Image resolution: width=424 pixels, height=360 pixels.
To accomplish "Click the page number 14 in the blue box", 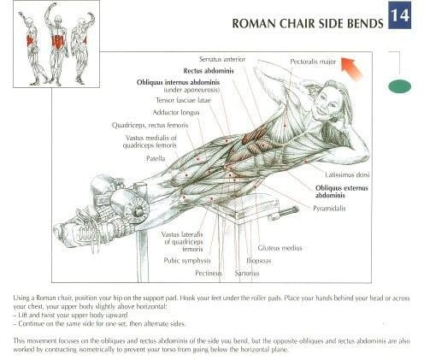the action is pos(400,15).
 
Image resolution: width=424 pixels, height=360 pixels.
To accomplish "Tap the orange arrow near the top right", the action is pos(351,68).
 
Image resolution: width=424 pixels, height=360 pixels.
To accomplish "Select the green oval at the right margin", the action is pos(399,86).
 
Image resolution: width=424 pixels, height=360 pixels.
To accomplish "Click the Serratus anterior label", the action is pos(222,59).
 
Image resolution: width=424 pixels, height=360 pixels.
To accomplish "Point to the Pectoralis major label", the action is pos(313,62).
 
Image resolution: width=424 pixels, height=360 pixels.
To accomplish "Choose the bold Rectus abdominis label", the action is pos(209,71).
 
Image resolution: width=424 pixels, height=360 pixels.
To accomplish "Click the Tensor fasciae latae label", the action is pos(184,100).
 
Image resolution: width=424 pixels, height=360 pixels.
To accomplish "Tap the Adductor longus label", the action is pos(176,113).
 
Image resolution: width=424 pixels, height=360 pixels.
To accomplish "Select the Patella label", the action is pos(156,158).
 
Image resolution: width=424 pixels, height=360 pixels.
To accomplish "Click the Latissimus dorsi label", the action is pos(347,174).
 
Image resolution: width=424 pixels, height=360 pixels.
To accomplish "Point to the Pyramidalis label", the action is pos(329,209).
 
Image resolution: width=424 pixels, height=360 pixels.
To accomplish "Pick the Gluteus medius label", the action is pos(280,248).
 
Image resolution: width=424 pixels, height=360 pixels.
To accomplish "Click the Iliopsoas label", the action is pos(259,261).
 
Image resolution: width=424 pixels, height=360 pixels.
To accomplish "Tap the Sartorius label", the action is pos(247,274).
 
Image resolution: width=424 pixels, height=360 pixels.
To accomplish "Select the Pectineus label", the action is pos(209,274).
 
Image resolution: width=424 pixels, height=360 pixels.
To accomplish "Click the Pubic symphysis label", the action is pos(187,261).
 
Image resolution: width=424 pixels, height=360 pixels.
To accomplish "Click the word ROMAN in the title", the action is pos(254,24).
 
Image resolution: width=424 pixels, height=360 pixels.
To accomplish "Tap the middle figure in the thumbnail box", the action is pos(57,44).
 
